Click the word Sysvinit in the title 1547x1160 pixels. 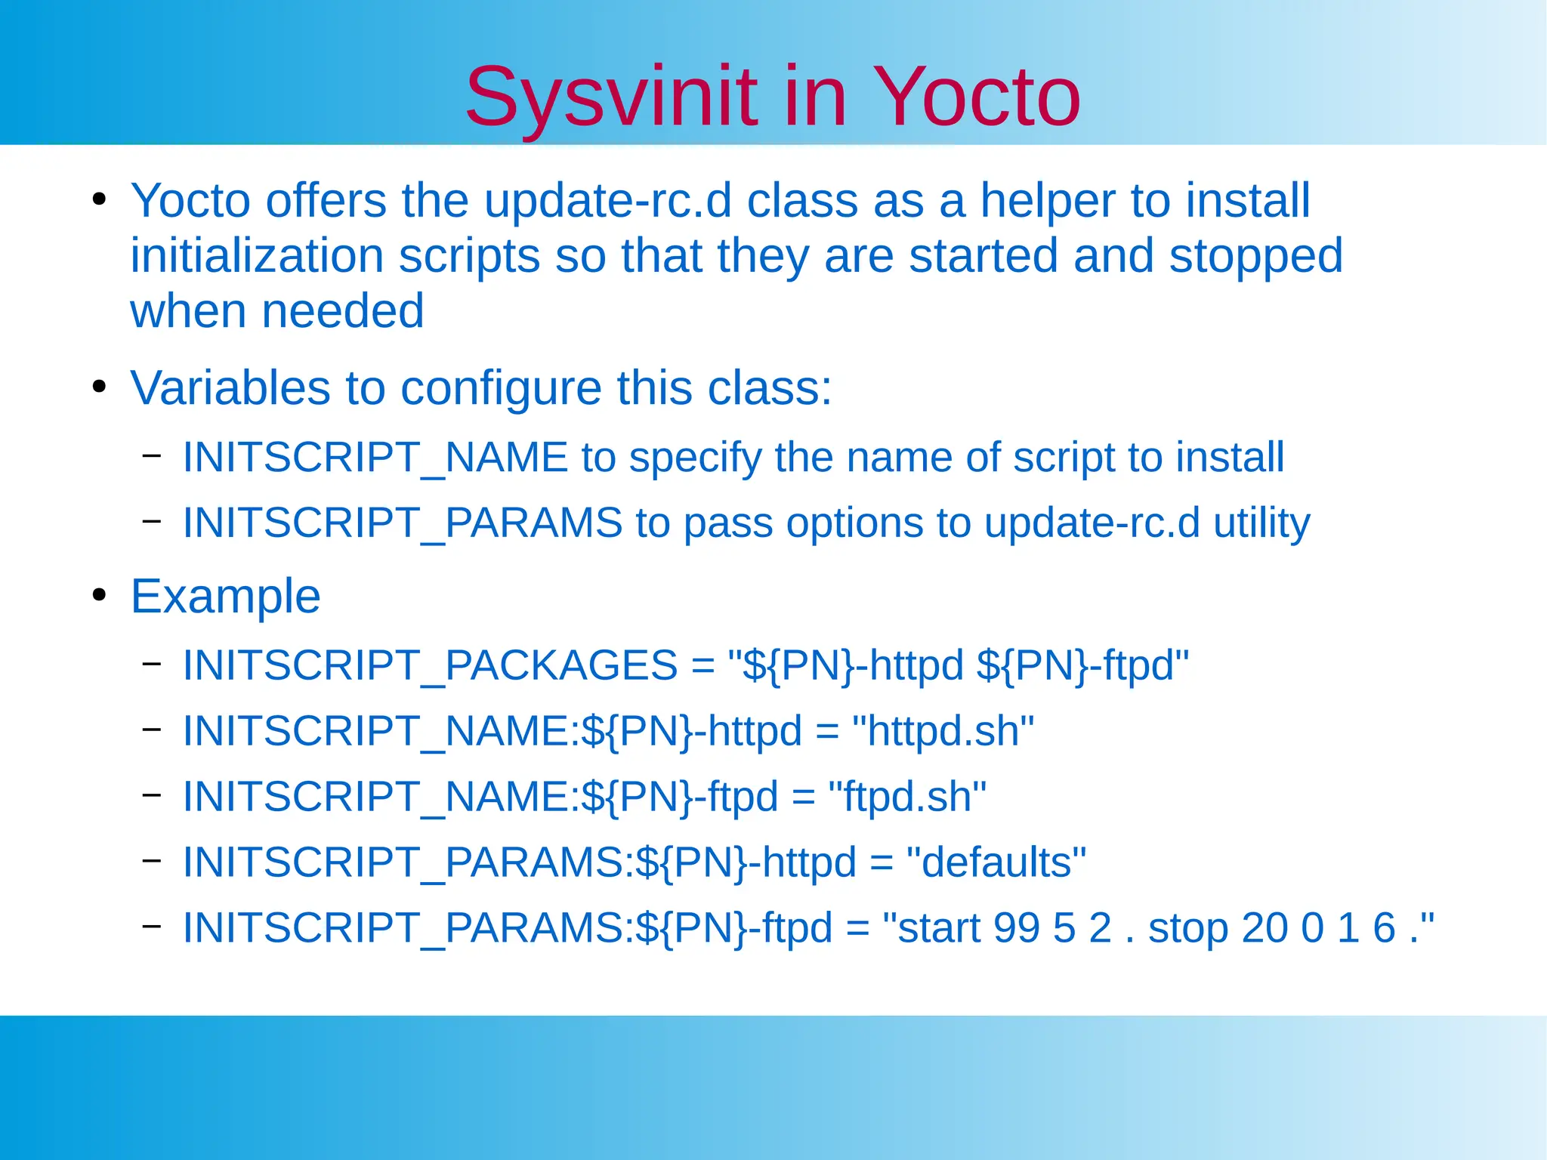tap(610, 98)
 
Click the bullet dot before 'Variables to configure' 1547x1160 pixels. tap(99, 387)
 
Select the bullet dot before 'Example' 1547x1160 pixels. tap(99, 596)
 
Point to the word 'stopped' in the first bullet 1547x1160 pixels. tap(1255, 257)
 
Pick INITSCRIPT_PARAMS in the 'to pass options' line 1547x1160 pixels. tap(403, 523)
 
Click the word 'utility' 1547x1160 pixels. tap(1261, 523)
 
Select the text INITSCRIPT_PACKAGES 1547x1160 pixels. tap(430, 666)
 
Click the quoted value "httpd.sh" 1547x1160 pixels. tap(942, 732)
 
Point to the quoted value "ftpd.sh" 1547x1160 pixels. tap(906, 797)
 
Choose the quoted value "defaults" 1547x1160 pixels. tap(995, 862)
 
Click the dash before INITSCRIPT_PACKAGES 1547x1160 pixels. tap(152, 664)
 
